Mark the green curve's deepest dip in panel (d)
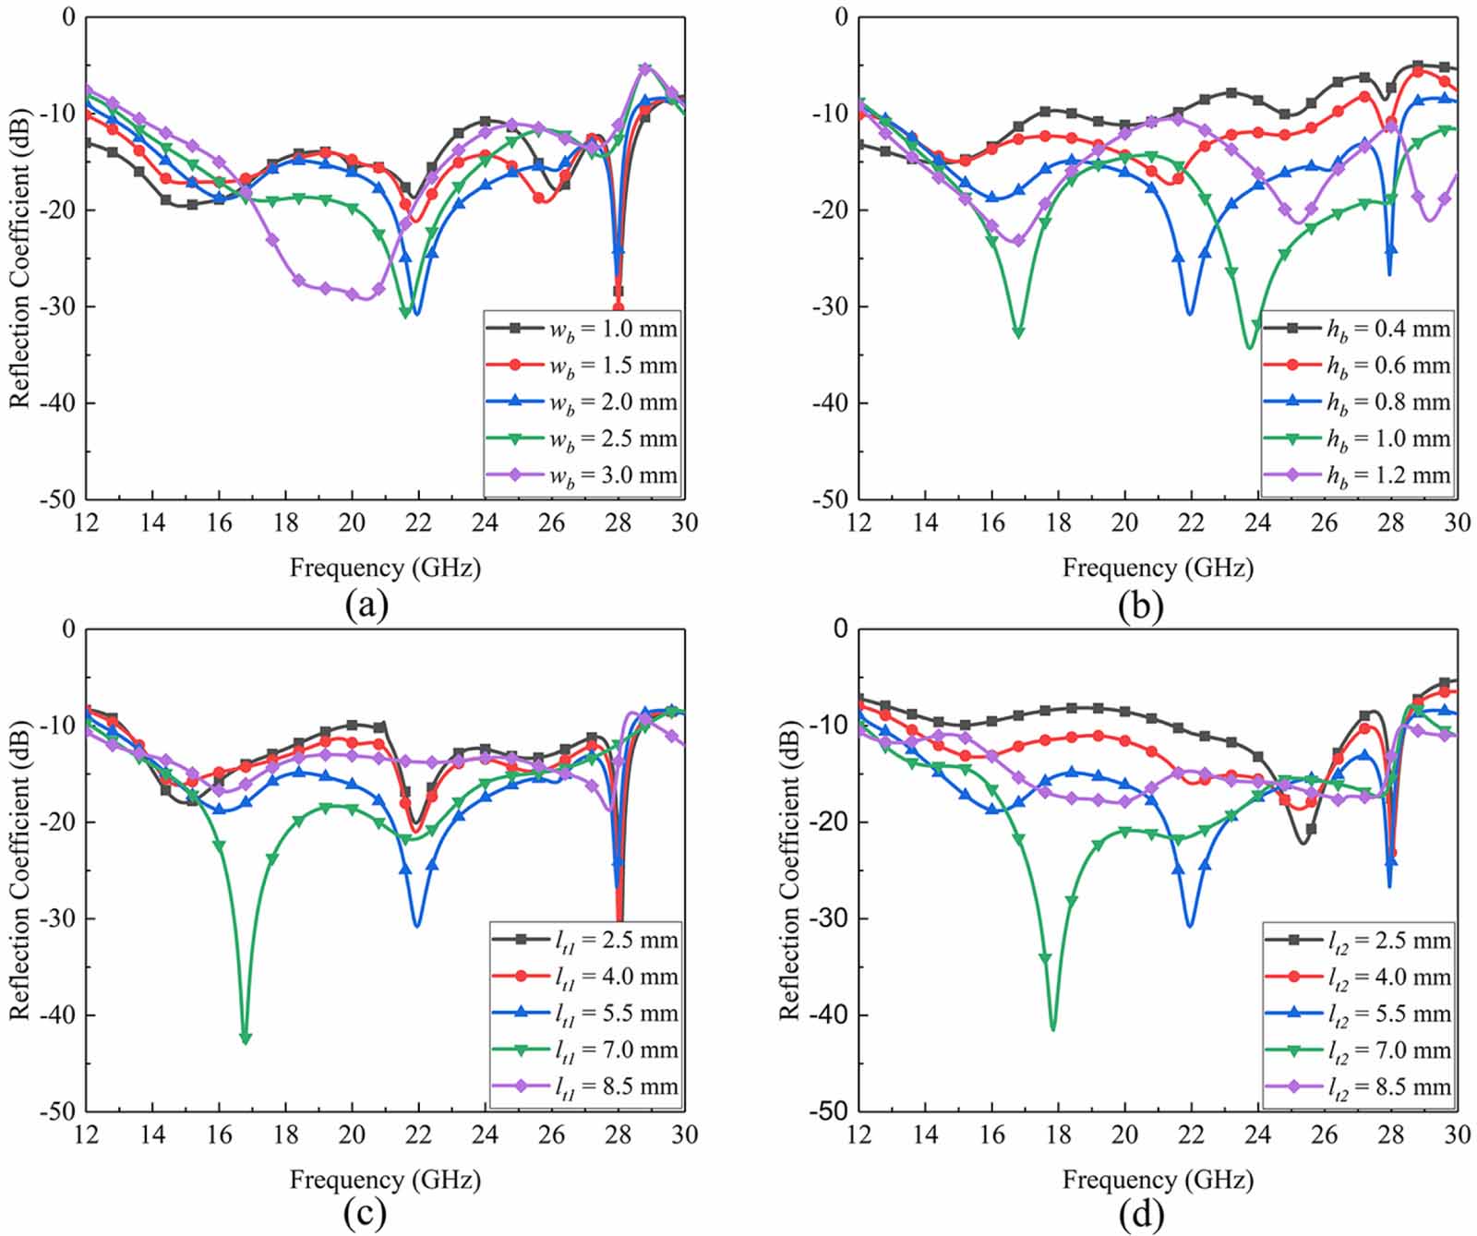1053,1027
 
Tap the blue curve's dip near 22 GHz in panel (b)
1190,314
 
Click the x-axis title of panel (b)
1158,568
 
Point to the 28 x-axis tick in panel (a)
618,522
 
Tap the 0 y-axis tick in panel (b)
840,18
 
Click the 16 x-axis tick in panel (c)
219,1134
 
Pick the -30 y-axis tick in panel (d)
827,919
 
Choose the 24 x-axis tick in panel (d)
1257,1134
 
